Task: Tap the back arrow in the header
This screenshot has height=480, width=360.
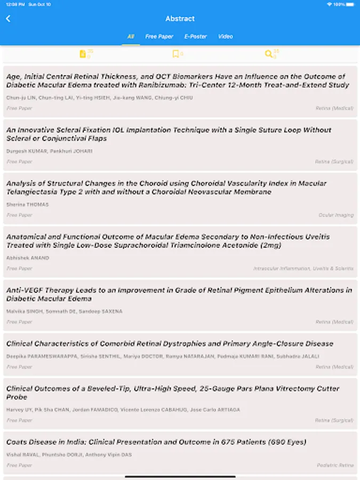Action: pyautogui.click(x=8, y=19)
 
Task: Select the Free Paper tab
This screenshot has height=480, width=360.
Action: pyautogui.click(x=159, y=36)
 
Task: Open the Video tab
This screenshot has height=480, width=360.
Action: pyautogui.click(x=225, y=36)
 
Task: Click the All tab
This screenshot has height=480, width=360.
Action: pyautogui.click(x=131, y=36)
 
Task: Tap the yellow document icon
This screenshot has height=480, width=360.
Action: pyautogui.click(x=83, y=54)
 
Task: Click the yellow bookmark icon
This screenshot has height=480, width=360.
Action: pyautogui.click(x=175, y=54)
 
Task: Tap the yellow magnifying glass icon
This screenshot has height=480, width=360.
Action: pyautogui.click(x=269, y=54)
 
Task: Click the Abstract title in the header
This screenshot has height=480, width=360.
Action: pyautogui.click(x=180, y=19)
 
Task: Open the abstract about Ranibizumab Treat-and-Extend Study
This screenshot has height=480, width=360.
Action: pyautogui.click(x=178, y=81)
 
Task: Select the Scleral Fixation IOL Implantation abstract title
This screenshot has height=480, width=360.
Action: pyautogui.click(x=169, y=134)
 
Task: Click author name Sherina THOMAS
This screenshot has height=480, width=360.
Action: pyautogui.click(x=27, y=204)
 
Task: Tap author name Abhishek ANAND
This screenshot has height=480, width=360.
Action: pyautogui.click(x=28, y=258)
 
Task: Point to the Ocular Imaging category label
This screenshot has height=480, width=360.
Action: pyautogui.click(x=336, y=215)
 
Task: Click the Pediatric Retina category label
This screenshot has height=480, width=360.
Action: pyautogui.click(x=335, y=465)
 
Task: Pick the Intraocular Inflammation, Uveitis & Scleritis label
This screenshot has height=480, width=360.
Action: pyautogui.click(x=303, y=268)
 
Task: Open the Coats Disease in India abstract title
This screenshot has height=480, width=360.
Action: pyautogui.click(x=156, y=442)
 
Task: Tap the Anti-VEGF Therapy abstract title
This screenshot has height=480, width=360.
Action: pyautogui.click(x=179, y=294)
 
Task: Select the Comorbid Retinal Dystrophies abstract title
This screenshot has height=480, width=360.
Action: pyautogui.click(x=170, y=344)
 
